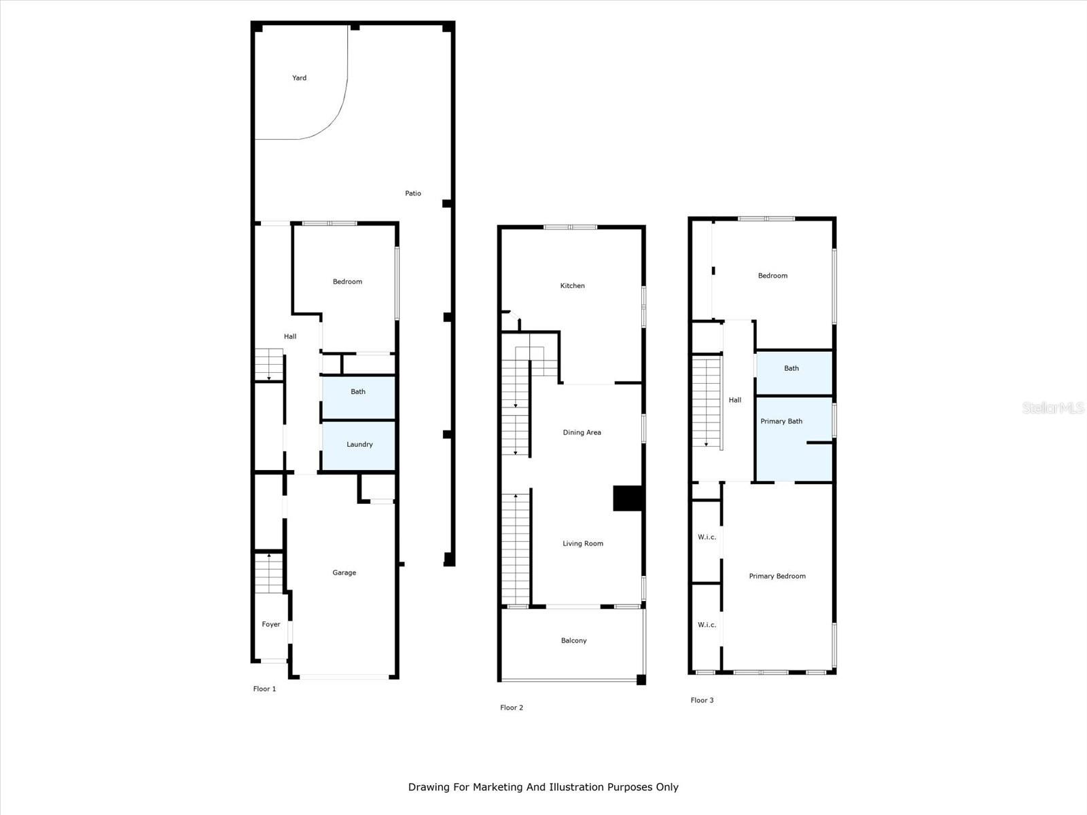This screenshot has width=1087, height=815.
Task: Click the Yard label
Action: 299,78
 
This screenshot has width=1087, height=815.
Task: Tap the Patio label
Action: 413,194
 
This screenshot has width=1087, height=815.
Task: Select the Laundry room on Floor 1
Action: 359,445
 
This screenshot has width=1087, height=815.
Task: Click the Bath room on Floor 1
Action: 358,398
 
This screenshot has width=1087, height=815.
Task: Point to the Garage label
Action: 344,573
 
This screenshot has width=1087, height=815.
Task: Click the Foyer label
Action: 271,624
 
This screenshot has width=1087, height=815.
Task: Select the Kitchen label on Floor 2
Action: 572,286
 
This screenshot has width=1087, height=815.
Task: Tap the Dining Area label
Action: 582,433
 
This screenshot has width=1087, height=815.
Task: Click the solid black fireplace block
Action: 628,498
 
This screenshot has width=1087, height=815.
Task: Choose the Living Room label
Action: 583,543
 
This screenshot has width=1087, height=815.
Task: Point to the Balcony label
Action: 573,640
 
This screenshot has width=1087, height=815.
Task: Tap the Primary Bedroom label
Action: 777,576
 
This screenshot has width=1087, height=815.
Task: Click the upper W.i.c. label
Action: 707,537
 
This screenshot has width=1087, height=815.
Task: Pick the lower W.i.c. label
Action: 707,625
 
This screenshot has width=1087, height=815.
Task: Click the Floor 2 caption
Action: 512,708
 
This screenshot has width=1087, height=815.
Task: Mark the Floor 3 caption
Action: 702,700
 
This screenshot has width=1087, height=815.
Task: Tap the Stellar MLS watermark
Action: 1053,407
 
